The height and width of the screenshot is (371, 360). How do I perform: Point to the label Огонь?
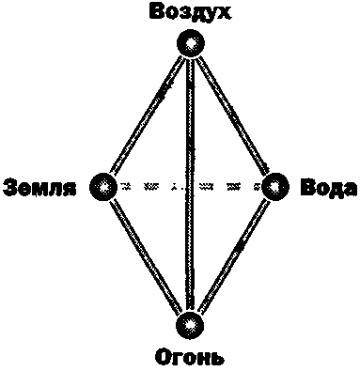tap(192, 357)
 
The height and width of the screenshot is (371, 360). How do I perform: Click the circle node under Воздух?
tap(191, 42)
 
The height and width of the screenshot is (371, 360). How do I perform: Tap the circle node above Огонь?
tap(191, 325)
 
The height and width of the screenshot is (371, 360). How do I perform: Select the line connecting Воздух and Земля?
tap(146, 114)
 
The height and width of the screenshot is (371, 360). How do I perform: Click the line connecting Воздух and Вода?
tap(233, 114)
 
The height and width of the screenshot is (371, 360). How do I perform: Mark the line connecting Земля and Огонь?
tap(146, 255)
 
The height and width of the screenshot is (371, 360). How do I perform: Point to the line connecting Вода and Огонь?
tap(233, 255)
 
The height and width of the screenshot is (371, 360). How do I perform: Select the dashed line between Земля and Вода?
tap(150, 185)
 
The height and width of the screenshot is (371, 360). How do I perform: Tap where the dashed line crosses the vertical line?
tap(190, 185)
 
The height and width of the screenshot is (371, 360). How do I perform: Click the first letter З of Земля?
tap(10, 186)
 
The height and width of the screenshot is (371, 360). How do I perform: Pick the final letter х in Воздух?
tap(225, 12)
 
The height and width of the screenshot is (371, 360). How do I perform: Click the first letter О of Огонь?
tap(162, 357)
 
